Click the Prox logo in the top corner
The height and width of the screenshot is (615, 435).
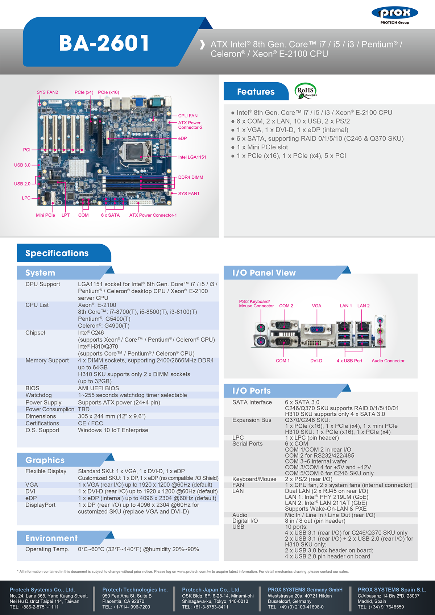(395, 15)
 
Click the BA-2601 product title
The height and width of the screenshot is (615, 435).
(104, 43)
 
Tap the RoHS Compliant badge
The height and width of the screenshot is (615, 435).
(306, 91)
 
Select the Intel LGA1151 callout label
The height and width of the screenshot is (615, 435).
(192, 157)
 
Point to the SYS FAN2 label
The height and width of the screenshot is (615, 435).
(47, 92)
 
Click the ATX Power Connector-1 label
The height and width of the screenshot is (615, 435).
(153, 215)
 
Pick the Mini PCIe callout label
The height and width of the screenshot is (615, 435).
(46, 215)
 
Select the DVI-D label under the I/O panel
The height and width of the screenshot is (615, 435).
(316, 361)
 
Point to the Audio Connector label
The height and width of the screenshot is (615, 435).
(388, 361)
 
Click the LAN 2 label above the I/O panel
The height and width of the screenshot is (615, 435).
(363, 306)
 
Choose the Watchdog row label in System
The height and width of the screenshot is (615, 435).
(38, 395)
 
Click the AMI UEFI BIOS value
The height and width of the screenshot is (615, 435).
(98, 388)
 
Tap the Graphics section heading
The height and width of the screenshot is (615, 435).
(45, 460)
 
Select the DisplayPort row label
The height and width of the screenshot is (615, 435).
(40, 505)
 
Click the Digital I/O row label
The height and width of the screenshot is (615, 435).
(245, 521)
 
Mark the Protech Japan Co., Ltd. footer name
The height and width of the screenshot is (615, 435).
(211, 590)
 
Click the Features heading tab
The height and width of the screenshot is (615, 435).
(256, 91)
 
